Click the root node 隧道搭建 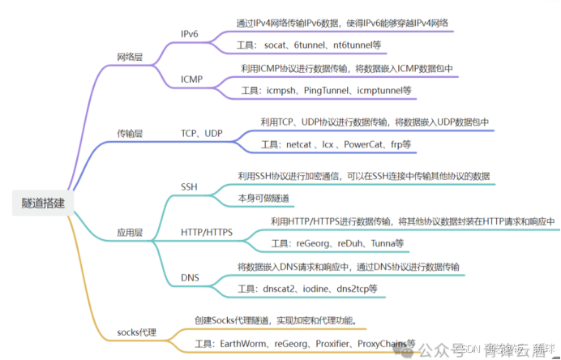click(45, 203)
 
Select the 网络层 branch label click(130, 57)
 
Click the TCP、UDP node click(202, 132)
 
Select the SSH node click(189, 186)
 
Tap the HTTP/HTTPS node click(207, 233)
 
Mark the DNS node click(190, 278)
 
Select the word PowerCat click(366, 144)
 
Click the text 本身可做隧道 click(264, 199)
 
